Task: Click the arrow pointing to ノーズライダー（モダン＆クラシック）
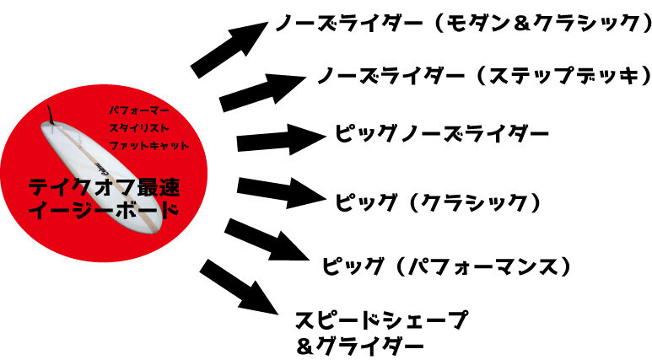229,50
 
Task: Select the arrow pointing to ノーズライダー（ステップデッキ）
263,93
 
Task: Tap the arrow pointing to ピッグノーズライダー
282,139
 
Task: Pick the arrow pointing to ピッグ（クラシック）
282,192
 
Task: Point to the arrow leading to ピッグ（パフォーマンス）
267,240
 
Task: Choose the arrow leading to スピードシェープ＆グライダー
239,287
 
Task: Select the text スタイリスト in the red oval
139,128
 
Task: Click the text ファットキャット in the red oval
148,146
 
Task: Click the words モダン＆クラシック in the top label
542,23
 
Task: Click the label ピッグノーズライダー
442,134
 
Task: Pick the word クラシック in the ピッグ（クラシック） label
474,203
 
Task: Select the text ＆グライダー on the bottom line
360,346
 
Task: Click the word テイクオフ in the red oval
78,187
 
